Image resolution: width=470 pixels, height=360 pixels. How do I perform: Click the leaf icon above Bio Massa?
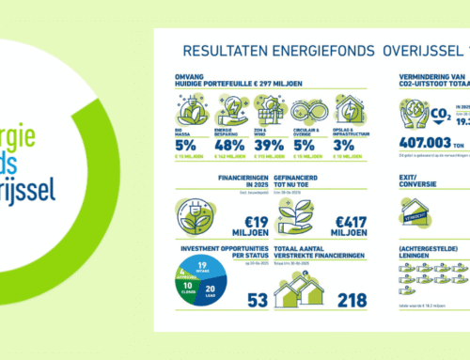coord(190,111)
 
